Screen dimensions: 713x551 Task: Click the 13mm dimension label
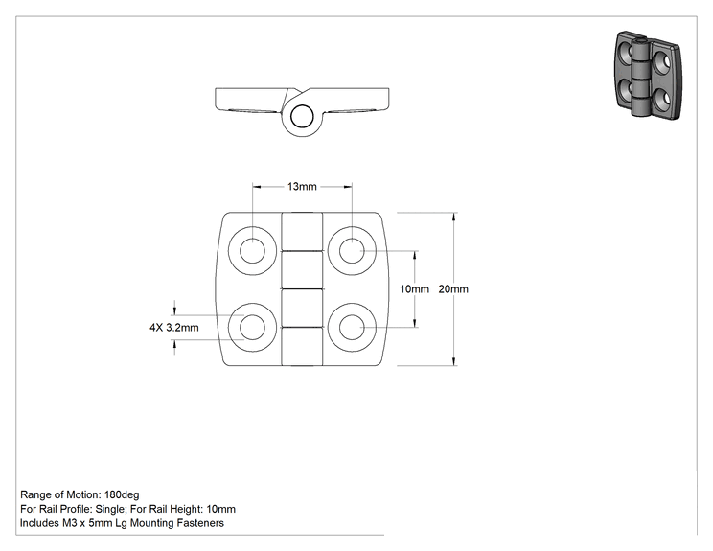coord(302,187)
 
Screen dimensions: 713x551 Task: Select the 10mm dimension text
coord(414,289)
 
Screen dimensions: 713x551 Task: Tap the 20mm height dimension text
coord(453,289)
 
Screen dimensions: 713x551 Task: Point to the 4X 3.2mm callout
coord(174,328)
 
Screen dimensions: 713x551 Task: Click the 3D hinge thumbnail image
coord(648,75)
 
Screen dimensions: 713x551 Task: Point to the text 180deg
coord(122,494)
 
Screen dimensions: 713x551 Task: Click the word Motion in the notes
coord(84,494)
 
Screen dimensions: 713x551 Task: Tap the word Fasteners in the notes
coord(200,523)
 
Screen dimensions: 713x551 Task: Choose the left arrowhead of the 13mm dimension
coord(257,187)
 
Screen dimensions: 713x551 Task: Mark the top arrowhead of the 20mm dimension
coord(453,217)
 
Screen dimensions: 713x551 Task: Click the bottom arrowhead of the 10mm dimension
coord(414,323)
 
